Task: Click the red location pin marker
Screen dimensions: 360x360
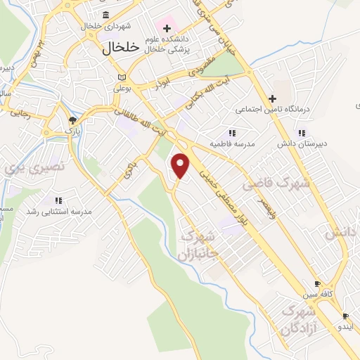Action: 181,165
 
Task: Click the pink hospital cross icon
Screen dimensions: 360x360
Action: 167,29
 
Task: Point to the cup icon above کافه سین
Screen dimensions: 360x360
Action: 317,283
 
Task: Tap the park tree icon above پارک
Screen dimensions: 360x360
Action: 72,120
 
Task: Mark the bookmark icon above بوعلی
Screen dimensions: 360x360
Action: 122,77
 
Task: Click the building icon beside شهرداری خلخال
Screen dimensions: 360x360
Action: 105,15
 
